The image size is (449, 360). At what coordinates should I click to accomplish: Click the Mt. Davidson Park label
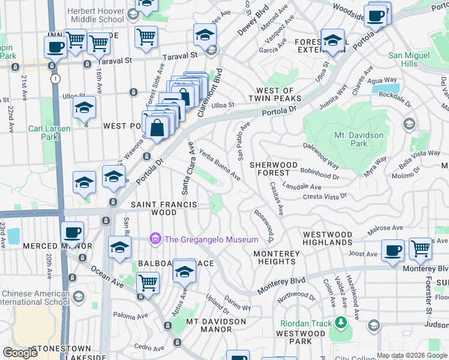coord(358,139)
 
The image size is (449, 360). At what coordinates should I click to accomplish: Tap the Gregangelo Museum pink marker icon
coord(156,239)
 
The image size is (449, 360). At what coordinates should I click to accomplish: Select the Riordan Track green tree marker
coord(342,323)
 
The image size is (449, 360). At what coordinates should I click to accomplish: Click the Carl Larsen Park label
coord(49,132)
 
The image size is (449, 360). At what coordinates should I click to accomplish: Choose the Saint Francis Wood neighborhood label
coord(164,208)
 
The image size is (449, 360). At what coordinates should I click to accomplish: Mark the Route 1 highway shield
coord(55,79)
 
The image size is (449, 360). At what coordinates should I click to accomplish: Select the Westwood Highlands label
coord(328,238)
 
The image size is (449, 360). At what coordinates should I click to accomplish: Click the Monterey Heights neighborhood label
coord(276,258)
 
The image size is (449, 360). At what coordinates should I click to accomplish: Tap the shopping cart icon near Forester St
coord(420,249)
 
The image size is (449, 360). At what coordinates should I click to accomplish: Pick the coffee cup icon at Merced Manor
coord(73,233)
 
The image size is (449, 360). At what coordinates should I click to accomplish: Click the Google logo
coord(20,353)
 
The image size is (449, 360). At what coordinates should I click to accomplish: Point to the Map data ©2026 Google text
coord(412,355)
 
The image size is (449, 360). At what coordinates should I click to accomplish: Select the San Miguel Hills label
coord(411,59)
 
